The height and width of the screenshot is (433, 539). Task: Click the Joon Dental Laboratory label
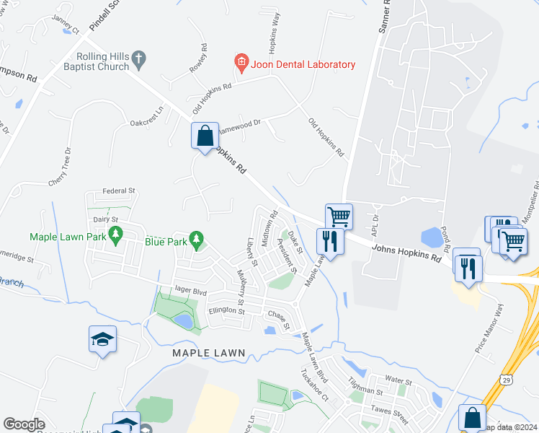click(303, 64)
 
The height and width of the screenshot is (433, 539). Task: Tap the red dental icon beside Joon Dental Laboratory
click(241, 64)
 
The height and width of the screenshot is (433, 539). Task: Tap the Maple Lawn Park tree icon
click(114, 235)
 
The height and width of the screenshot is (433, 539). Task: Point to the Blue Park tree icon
click(195, 240)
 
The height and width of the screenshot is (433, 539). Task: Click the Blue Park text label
click(166, 241)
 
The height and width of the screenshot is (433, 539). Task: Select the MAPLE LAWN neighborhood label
click(209, 353)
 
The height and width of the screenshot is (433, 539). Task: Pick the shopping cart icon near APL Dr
click(339, 216)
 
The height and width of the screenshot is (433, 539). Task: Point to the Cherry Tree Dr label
click(67, 167)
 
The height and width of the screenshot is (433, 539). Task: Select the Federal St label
click(119, 191)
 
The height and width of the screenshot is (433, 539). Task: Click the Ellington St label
click(227, 312)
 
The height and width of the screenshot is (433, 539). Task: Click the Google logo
click(24, 424)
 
